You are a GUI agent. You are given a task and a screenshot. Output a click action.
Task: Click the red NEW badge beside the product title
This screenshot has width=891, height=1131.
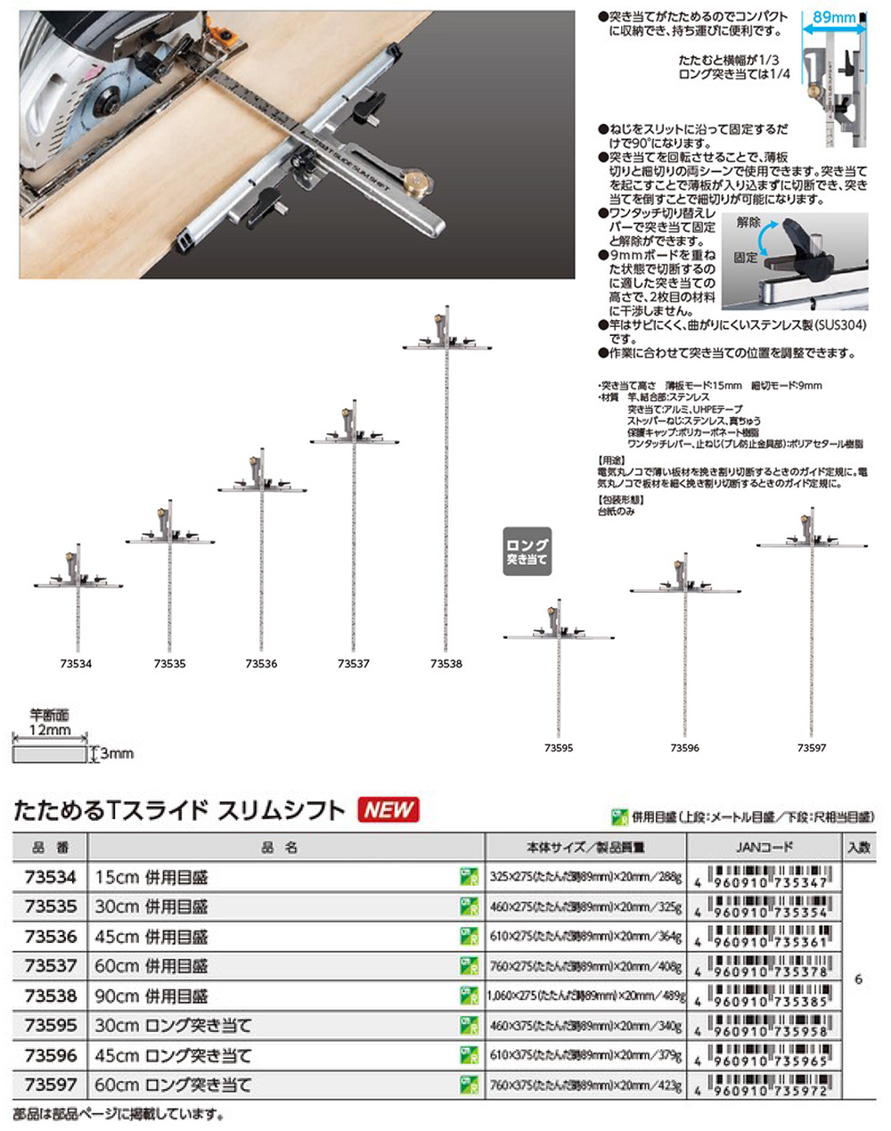point(388,809)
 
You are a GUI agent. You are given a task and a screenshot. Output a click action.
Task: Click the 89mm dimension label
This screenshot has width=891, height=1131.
point(834,17)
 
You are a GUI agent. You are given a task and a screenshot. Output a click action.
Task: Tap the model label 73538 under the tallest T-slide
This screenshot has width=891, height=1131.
point(445,664)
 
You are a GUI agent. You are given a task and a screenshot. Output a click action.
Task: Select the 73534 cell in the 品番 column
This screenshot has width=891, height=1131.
point(49,877)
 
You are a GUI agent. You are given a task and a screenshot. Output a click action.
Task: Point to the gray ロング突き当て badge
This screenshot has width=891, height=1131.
point(527,552)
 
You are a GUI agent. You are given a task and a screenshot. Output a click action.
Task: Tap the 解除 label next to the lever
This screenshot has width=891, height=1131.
point(748,223)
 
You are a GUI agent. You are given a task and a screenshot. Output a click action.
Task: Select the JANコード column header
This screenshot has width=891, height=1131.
point(765,847)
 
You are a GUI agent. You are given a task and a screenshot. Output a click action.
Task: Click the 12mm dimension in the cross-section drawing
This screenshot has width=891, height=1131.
point(51,730)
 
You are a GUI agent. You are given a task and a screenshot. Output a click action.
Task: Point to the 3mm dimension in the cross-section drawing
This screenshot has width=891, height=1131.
point(117,754)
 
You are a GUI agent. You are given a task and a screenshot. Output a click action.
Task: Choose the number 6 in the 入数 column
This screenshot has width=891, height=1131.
point(858,979)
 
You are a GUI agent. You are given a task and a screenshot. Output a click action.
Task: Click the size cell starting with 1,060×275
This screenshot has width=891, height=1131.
point(584,996)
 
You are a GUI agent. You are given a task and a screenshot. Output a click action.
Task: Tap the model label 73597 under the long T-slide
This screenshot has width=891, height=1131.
point(812,749)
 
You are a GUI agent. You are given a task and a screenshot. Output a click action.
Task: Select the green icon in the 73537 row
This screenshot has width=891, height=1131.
point(469,966)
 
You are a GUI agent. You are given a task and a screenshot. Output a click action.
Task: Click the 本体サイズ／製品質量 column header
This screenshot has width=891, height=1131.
point(584,847)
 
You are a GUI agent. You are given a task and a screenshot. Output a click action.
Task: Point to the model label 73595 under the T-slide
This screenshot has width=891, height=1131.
point(559,749)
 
